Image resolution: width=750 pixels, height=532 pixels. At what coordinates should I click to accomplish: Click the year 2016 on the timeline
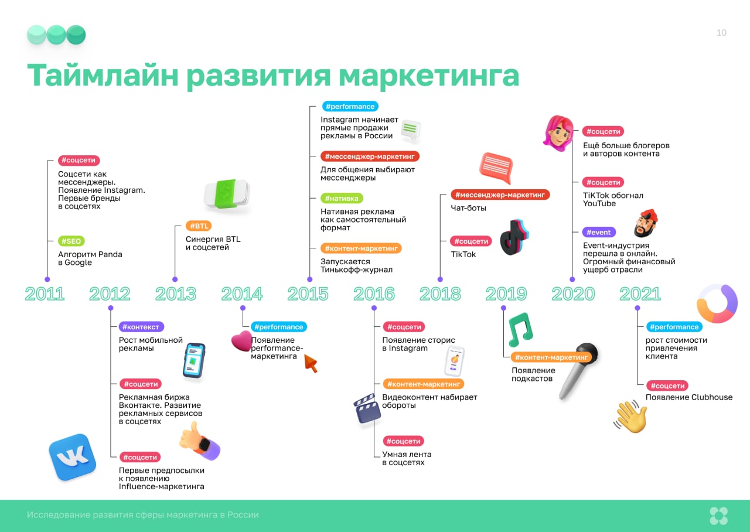[x=374, y=294]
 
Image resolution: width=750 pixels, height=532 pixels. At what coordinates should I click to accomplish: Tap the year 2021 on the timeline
[x=640, y=294]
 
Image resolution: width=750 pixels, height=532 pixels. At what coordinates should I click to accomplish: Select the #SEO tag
[x=71, y=241]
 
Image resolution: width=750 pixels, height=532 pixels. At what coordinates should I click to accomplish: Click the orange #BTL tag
[x=199, y=226]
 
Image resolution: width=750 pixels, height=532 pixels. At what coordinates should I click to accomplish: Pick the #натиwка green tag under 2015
[x=342, y=198]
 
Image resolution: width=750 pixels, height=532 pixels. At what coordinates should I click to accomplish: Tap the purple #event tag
[x=599, y=232]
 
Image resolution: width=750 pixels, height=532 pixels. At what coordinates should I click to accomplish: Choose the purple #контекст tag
[x=141, y=327]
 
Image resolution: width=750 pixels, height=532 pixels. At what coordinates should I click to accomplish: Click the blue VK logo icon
[x=73, y=458]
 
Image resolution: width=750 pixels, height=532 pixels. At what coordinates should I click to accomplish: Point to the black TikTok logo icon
[x=514, y=237]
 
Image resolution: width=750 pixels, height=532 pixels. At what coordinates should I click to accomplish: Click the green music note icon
[x=520, y=329]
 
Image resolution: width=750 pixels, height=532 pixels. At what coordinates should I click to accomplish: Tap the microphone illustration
[x=578, y=370]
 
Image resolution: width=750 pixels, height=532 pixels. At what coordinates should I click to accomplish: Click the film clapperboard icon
[x=367, y=409]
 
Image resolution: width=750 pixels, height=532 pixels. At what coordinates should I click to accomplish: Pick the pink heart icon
[x=242, y=341]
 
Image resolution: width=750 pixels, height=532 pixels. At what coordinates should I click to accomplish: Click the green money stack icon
[x=227, y=193]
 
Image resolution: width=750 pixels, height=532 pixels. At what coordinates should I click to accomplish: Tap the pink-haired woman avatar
[x=558, y=133]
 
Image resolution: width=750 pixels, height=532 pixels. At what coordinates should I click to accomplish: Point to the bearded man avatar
[x=646, y=223]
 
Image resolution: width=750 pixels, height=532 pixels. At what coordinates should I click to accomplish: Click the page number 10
[x=721, y=33]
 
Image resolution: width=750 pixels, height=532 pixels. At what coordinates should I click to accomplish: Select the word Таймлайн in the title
[x=103, y=76]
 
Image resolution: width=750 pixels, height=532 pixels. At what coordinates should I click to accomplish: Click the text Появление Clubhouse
[x=688, y=397]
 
